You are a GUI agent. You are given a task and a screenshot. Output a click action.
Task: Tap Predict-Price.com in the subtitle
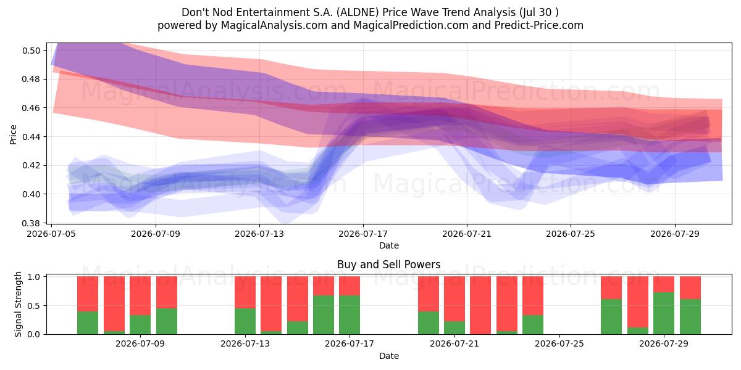(539, 25)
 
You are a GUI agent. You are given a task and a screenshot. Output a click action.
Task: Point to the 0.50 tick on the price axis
(31, 51)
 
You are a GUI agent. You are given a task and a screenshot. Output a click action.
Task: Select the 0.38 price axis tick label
(31, 223)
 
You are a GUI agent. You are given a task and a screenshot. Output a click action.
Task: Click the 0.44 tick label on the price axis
(31, 137)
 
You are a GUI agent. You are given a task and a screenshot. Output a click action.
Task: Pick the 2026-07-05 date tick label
(51, 234)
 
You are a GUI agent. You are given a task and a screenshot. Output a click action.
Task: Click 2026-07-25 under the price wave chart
(571, 234)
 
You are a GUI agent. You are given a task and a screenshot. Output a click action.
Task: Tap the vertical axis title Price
(13, 134)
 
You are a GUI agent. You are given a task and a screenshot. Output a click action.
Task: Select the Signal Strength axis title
(18, 304)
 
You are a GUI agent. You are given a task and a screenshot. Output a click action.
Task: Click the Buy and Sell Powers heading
(388, 265)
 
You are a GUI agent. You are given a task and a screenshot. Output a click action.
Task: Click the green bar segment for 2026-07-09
(140, 325)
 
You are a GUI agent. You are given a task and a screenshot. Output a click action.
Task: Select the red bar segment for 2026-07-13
(245, 292)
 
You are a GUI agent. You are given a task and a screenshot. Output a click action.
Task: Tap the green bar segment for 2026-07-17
(350, 315)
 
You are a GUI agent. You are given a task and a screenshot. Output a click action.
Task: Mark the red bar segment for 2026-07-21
(454, 299)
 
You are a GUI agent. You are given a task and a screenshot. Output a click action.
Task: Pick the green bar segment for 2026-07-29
(664, 313)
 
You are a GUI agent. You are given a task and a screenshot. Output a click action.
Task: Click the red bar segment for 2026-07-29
(664, 284)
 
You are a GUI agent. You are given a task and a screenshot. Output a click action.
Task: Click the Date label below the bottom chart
(388, 356)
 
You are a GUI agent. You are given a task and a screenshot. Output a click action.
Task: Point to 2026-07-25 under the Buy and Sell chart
(559, 344)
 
